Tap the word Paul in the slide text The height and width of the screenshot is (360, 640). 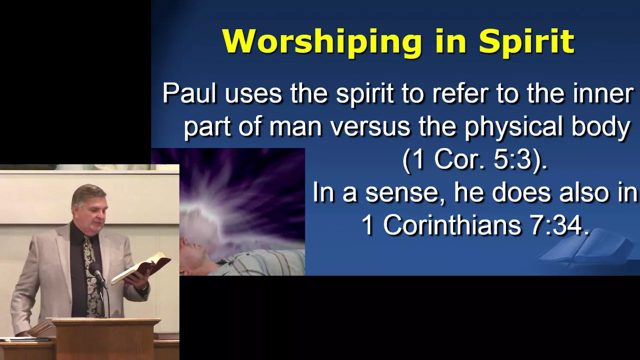tap(189, 93)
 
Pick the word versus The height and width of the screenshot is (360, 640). tap(370, 127)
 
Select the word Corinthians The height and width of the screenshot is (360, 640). tap(452, 225)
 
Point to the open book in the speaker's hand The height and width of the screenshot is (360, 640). tap(141, 267)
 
